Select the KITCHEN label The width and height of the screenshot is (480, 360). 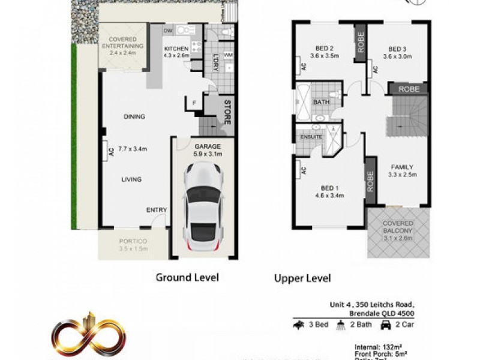pos(176,49)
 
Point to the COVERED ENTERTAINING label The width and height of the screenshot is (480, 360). pos(122,42)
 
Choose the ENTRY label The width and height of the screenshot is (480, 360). pos(157,209)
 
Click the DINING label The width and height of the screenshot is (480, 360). pos(134,117)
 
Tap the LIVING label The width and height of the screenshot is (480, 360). pos(131,179)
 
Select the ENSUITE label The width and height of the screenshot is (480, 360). pos(311,137)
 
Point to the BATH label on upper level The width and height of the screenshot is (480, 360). pos(321,103)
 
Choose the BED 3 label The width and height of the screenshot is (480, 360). pos(398,49)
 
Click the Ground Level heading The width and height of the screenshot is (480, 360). pos(187,277)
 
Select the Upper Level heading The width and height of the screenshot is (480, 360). pos(302,278)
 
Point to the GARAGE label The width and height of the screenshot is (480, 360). pos(208,146)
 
